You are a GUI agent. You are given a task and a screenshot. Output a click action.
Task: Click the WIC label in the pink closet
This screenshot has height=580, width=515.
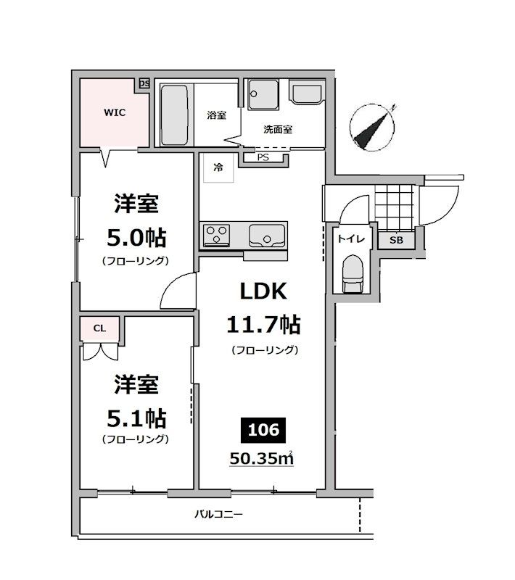coord(114,112)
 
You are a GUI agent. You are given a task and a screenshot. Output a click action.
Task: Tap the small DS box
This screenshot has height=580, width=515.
coord(144,84)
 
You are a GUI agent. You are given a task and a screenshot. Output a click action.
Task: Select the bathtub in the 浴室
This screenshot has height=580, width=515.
coord(175,115)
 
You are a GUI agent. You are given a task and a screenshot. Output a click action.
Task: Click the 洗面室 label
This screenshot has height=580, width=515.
coord(277,130)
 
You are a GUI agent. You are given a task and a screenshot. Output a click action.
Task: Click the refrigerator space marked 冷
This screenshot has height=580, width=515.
coord(217,168)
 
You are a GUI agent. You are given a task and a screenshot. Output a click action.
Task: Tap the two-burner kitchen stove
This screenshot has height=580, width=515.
coord(216,234)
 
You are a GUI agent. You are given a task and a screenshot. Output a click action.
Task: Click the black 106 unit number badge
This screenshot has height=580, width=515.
coord(263,430)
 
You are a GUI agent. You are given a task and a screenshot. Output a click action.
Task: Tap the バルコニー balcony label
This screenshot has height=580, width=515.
coord(218,515)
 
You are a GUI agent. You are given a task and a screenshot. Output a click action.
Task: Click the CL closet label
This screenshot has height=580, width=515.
coord(99,328)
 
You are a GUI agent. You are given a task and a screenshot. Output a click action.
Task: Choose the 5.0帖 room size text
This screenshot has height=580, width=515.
coord(136,237)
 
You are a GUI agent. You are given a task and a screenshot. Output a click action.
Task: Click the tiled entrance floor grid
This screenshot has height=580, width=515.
coord(394,206)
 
